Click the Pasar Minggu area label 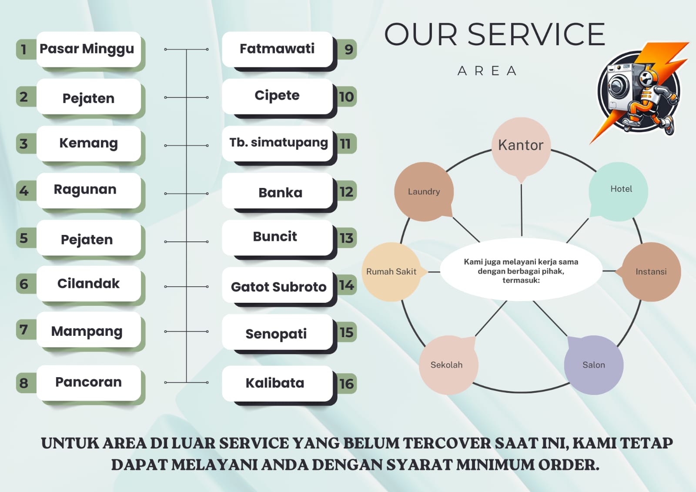pyautogui.click(x=87, y=49)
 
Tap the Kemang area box pyautogui.click(x=88, y=143)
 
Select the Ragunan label pyautogui.click(x=85, y=190)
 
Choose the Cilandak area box pyautogui.click(x=88, y=284)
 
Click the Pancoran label pyautogui.click(x=88, y=382)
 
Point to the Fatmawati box pyautogui.click(x=277, y=49)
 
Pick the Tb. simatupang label pyautogui.click(x=278, y=143)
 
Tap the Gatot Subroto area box pyautogui.click(x=278, y=287)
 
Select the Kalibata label pyautogui.click(x=275, y=383)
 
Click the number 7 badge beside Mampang pyautogui.click(x=24, y=330)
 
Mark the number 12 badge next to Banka pyautogui.click(x=346, y=191)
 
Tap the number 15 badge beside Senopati pyautogui.click(x=346, y=333)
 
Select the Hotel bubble pyautogui.click(x=619, y=190)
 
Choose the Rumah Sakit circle pyautogui.click(x=391, y=271)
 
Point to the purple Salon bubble pyautogui.click(x=594, y=365)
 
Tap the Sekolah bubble pyautogui.click(x=447, y=365)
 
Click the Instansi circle pyautogui.click(x=651, y=271)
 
